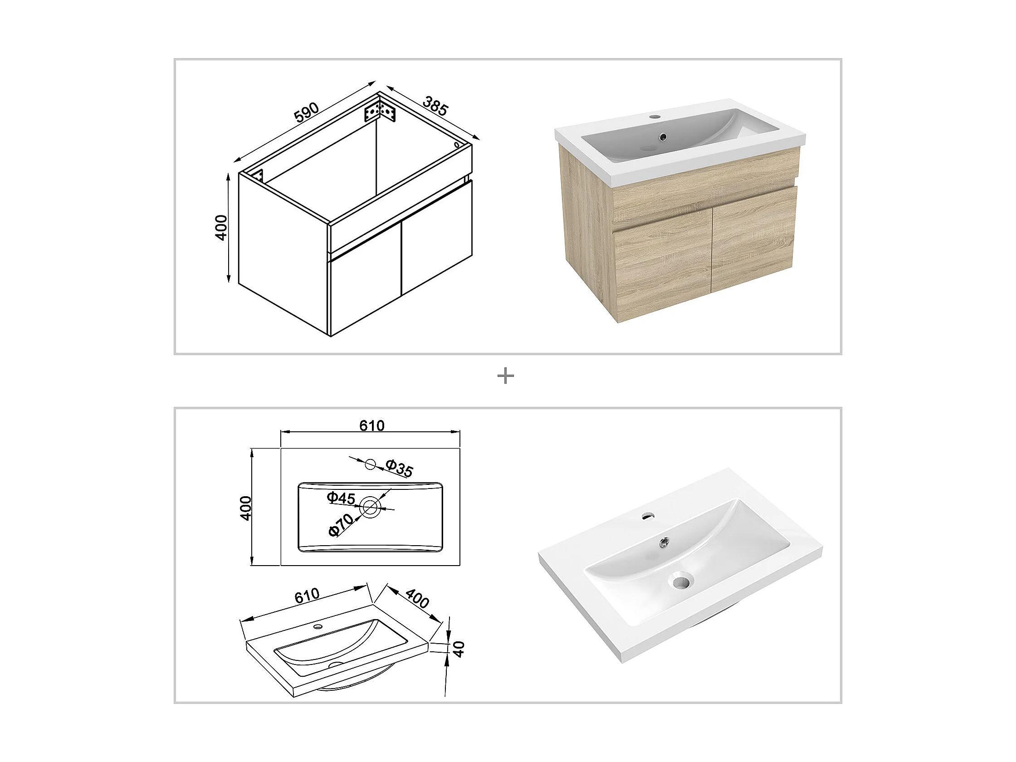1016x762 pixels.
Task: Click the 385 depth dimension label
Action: [x=435, y=106]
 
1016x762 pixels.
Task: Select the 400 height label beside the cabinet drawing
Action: [x=221, y=227]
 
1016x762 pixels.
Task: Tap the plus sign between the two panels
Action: [x=506, y=376]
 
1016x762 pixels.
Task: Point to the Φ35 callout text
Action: [x=399, y=468]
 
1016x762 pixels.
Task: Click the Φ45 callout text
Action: [x=341, y=498]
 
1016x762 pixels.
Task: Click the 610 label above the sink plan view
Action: [x=371, y=426]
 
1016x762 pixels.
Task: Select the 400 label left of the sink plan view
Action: [x=246, y=508]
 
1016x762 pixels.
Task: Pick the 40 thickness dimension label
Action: [x=459, y=649]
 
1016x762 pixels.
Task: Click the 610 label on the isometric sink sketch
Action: [x=307, y=596]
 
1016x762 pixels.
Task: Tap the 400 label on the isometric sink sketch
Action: [x=417, y=599]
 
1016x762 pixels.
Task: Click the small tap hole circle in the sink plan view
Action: [x=370, y=464]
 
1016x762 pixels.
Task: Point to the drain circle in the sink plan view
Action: [x=370, y=507]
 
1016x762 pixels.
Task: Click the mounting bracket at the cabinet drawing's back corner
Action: [x=380, y=112]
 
